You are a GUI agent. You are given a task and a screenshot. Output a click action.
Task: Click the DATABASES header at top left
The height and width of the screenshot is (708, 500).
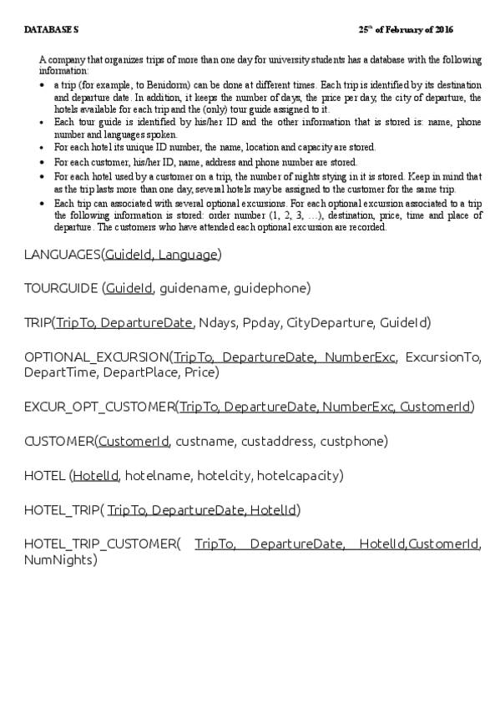coord(51,30)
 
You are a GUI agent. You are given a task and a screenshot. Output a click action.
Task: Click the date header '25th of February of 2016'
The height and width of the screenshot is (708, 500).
coord(406,30)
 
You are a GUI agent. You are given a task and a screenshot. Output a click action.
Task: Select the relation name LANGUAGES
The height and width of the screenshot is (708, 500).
coord(63,254)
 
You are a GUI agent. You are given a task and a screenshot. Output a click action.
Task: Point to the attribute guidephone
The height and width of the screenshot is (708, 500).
coord(274,288)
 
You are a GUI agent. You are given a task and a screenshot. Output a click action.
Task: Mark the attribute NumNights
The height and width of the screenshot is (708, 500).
coord(58,559)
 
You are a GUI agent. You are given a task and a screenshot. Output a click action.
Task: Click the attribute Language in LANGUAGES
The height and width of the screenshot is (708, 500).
coord(188,254)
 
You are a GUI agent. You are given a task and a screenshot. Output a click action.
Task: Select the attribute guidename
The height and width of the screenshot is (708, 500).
coord(196,288)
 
